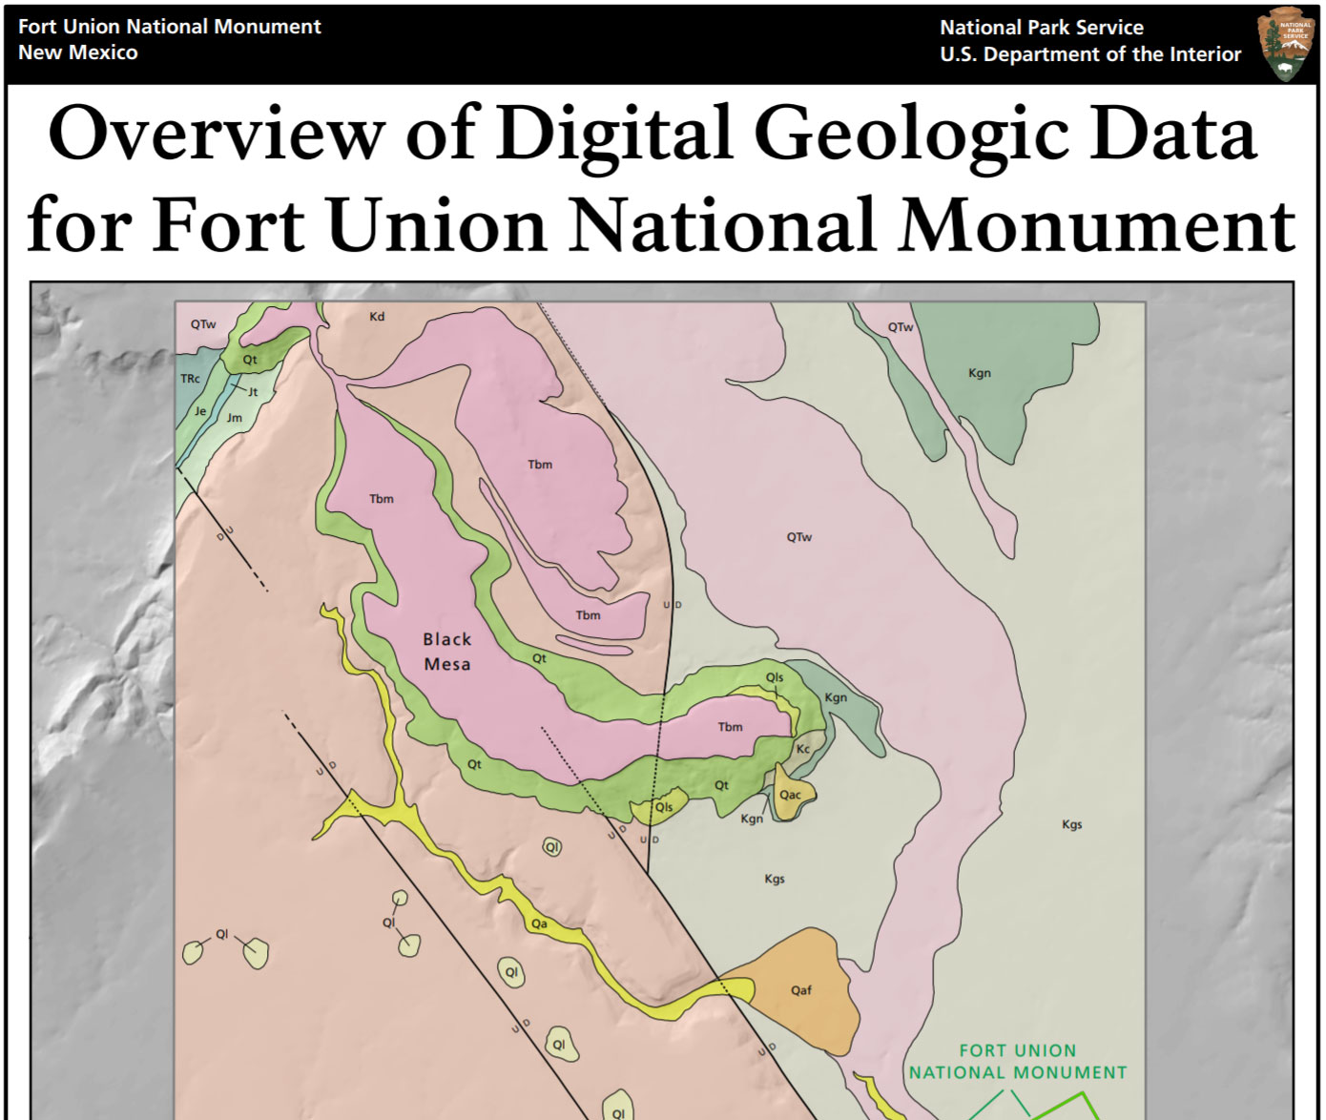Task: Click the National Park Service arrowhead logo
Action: pyautogui.click(x=1287, y=44)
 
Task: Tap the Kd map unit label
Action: pyautogui.click(x=377, y=317)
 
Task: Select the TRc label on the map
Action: pyautogui.click(x=191, y=379)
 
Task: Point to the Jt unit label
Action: pyautogui.click(x=253, y=392)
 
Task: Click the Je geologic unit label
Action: pyautogui.click(x=200, y=411)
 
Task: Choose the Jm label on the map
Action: pyautogui.click(x=235, y=418)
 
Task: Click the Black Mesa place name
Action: pyautogui.click(x=447, y=652)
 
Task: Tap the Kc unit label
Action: pyautogui.click(x=803, y=749)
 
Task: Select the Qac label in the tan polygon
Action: pyautogui.click(x=790, y=795)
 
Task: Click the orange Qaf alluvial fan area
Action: pyautogui.click(x=801, y=992)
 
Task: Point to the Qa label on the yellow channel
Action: pyautogui.click(x=539, y=923)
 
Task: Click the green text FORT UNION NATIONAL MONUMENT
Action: pyautogui.click(x=1017, y=1062)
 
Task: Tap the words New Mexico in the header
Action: pyautogui.click(x=78, y=53)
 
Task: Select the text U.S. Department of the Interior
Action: pyautogui.click(x=1090, y=55)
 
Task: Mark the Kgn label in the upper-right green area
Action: pyautogui.click(x=980, y=373)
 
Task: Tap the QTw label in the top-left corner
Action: pyautogui.click(x=203, y=324)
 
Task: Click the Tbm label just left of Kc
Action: pyautogui.click(x=730, y=727)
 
